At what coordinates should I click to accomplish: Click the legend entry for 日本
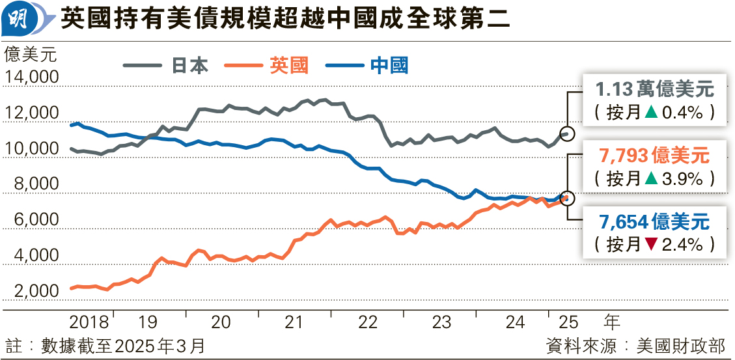tap(166, 66)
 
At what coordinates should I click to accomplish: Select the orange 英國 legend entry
tap(267, 66)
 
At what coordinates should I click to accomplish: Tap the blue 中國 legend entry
tap(366, 66)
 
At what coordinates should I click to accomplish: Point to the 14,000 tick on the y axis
tap(31, 78)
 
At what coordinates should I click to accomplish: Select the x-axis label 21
tap(294, 322)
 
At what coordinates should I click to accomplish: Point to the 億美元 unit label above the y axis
tap(31, 55)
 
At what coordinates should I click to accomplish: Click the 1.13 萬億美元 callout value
tap(654, 89)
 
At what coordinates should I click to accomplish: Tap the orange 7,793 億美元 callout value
tap(654, 156)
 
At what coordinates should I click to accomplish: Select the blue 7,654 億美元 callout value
tap(654, 222)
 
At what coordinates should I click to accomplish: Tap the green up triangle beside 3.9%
tap(650, 178)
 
